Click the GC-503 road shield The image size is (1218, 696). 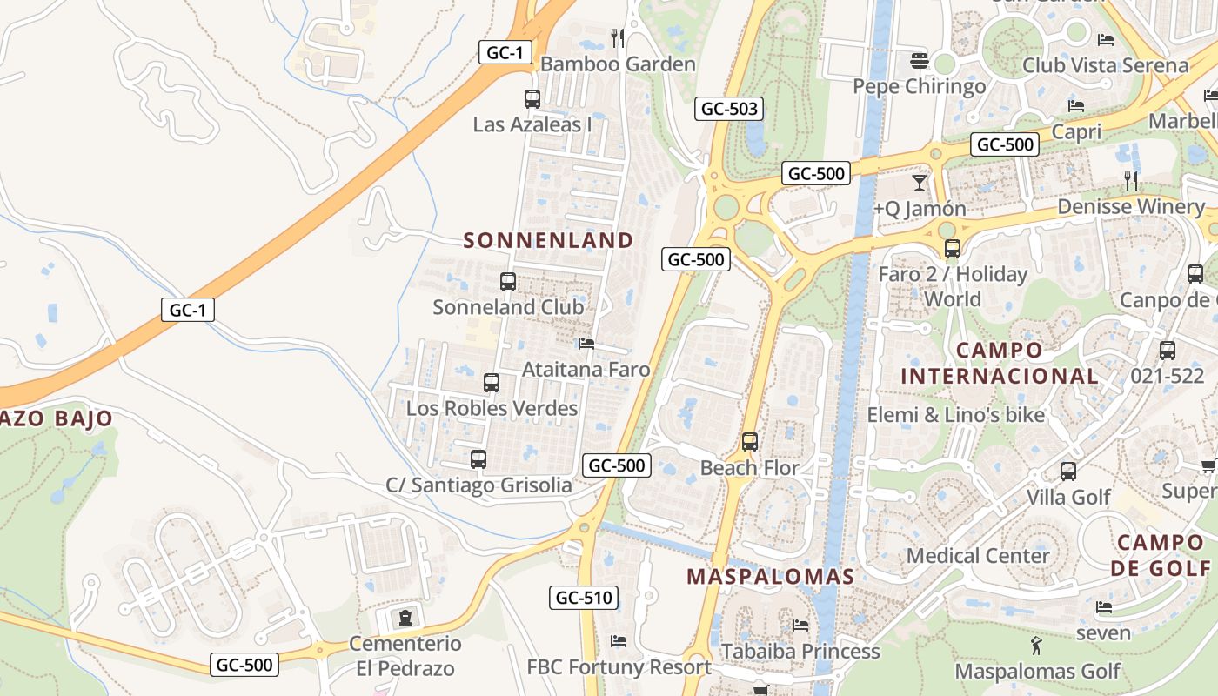730,109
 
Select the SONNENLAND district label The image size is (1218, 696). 548,240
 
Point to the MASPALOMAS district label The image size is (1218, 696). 770,576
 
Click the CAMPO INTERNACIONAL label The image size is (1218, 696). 999,364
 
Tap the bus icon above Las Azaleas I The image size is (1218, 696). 532,98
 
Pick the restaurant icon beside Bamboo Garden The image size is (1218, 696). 618,37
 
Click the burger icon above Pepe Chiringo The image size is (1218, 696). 920,61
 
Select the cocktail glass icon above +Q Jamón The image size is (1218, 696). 920,182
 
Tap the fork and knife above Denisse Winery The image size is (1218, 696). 1131,180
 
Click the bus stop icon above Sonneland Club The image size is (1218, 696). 508,281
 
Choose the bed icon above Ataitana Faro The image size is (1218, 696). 586,344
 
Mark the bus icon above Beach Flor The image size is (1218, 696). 750,441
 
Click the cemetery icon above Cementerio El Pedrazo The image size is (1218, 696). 405,618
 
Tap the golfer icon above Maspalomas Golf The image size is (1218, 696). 1036,646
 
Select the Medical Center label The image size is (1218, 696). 978,555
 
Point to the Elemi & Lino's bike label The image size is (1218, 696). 955,415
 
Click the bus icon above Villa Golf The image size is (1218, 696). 1068,471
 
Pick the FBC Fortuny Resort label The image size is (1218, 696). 619,667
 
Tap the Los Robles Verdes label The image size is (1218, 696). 492,408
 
